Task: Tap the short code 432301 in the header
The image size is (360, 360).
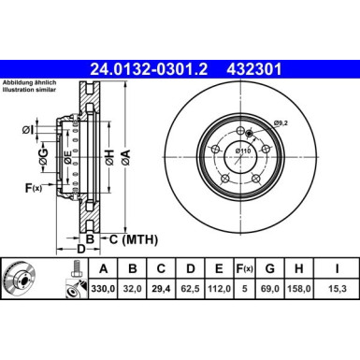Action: (x=253, y=67)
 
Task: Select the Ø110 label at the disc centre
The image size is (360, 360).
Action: (x=243, y=150)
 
